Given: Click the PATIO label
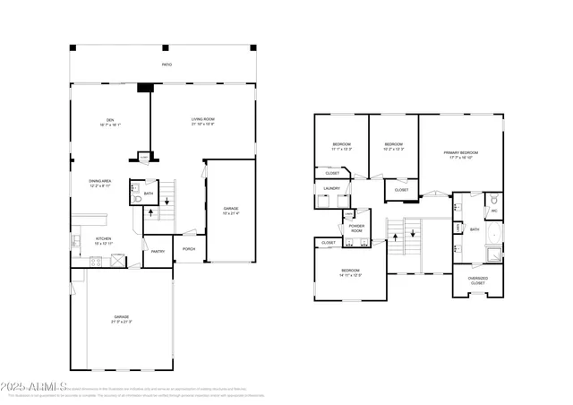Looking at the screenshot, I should pyautogui.click(x=167, y=65).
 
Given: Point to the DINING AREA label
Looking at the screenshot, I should pyautogui.click(x=99, y=184).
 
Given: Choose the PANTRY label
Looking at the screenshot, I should pyautogui.click(x=157, y=252).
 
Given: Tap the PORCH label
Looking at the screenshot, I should pyautogui.click(x=189, y=249).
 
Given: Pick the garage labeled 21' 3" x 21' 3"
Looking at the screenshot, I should pyautogui.click(x=121, y=318).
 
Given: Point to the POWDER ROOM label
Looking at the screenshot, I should pyautogui.click(x=356, y=228).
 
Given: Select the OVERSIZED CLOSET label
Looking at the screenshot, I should pyautogui.click(x=478, y=280).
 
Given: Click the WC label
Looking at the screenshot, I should pyautogui.click(x=493, y=211).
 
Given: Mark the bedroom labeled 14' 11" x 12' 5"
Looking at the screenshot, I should pyautogui.click(x=350, y=272).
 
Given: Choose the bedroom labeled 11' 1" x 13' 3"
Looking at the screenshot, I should pyautogui.click(x=342, y=146).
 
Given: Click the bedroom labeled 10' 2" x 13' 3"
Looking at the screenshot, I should pyautogui.click(x=394, y=146).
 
